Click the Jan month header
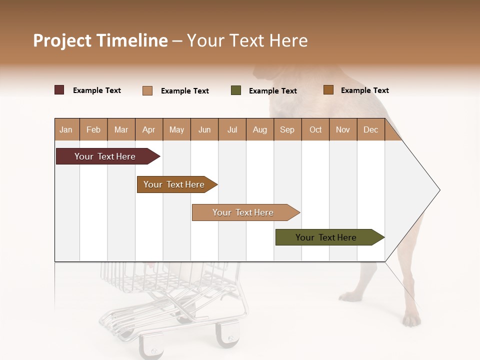point(66,129)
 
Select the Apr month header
point(148,129)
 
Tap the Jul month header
point(232,129)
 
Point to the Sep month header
point(287,129)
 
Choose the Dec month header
point(370,129)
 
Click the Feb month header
point(93,129)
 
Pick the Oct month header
point(315,129)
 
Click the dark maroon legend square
point(59,90)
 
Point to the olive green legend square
point(236,90)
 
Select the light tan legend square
point(147,90)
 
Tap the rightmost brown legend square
point(328,90)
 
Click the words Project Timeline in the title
point(100,40)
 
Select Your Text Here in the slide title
point(247,40)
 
